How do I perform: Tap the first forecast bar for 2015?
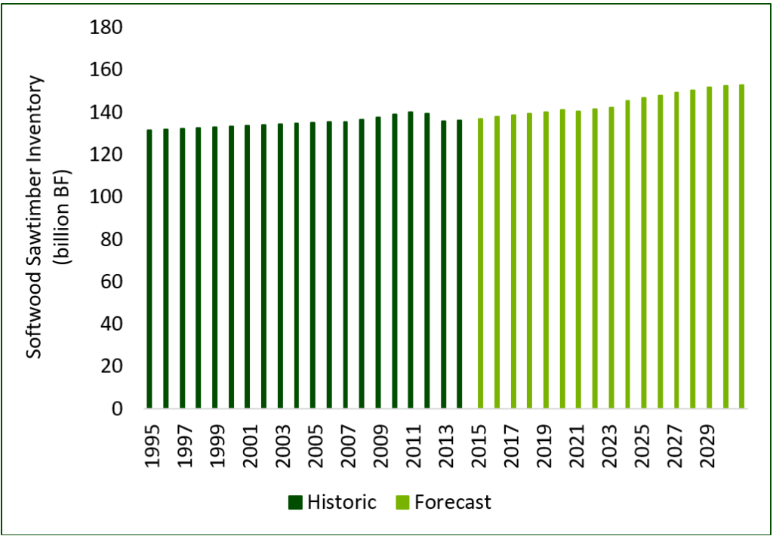point(480,263)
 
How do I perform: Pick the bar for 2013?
point(443,264)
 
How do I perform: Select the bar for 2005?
point(313,265)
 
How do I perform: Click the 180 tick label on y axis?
point(106,28)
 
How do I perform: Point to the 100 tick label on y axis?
point(106,197)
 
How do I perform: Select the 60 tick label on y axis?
point(111,282)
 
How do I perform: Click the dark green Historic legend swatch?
point(294,503)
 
